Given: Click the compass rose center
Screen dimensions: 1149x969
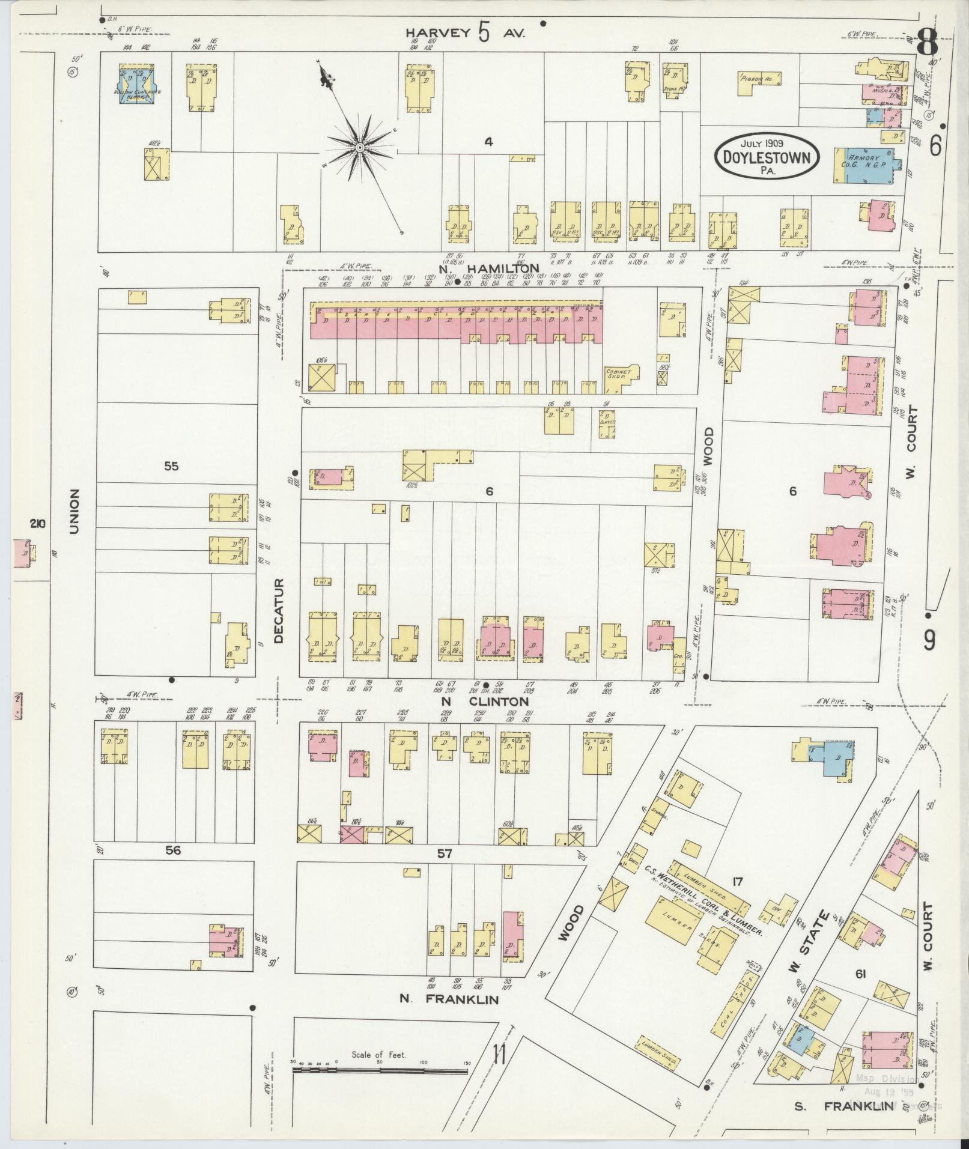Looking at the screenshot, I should point(359,147).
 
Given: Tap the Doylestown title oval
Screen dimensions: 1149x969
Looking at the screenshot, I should point(767,156).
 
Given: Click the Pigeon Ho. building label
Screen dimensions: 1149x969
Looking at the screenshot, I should point(759,78).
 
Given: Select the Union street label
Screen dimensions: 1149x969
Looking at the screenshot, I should point(74,511).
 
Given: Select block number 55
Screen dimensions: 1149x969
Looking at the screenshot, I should point(171,465).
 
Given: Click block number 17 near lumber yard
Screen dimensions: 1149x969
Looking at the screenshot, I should point(738,882).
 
